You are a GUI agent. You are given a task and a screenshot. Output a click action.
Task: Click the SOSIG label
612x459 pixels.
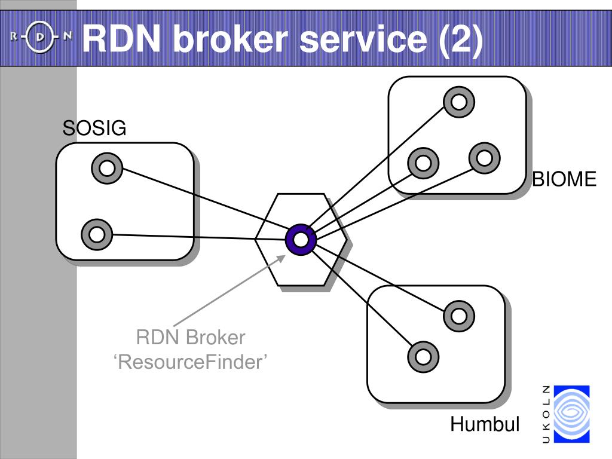pyautogui.click(x=94, y=128)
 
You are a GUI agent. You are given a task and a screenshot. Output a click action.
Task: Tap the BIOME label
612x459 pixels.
pyautogui.click(x=564, y=179)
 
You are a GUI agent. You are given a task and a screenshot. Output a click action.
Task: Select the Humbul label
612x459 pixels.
pyautogui.click(x=485, y=424)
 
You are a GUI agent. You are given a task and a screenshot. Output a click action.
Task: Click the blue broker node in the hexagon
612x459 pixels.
pyautogui.click(x=301, y=240)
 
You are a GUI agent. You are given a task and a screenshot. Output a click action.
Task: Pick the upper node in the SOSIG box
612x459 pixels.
pyautogui.click(x=107, y=168)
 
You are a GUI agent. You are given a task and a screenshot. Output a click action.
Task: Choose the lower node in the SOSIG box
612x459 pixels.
pyautogui.click(x=97, y=234)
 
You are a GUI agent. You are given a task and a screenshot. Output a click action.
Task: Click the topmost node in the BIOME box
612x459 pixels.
pyautogui.click(x=459, y=102)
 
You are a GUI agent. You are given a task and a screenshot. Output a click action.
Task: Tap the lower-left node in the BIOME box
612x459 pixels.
pyautogui.click(x=423, y=163)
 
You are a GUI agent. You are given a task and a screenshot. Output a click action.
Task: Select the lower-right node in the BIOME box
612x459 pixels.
pyautogui.click(x=484, y=158)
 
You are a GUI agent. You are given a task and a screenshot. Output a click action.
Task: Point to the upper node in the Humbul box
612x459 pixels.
pyautogui.click(x=459, y=316)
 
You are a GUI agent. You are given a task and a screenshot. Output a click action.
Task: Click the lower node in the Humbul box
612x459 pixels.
pyautogui.click(x=423, y=357)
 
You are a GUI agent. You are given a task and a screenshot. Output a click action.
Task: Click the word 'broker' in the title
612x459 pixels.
pyautogui.click(x=230, y=39)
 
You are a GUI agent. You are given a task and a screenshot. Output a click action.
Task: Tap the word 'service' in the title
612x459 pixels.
pyautogui.click(x=363, y=39)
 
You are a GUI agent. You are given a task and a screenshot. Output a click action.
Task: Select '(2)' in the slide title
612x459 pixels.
pyautogui.click(x=461, y=39)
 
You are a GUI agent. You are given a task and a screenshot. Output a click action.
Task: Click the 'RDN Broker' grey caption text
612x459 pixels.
pyautogui.click(x=191, y=338)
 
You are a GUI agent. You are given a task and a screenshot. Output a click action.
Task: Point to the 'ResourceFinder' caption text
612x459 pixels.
pyautogui.click(x=191, y=362)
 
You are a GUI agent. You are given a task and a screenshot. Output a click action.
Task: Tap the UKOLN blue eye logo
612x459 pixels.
pyautogui.click(x=572, y=414)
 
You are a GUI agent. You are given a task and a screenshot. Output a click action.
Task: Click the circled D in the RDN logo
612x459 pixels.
pyautogui.click(x=41, y=38)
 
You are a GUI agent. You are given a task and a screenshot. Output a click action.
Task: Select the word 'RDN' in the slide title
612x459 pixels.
pyautogui.click(x=121, y=39)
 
